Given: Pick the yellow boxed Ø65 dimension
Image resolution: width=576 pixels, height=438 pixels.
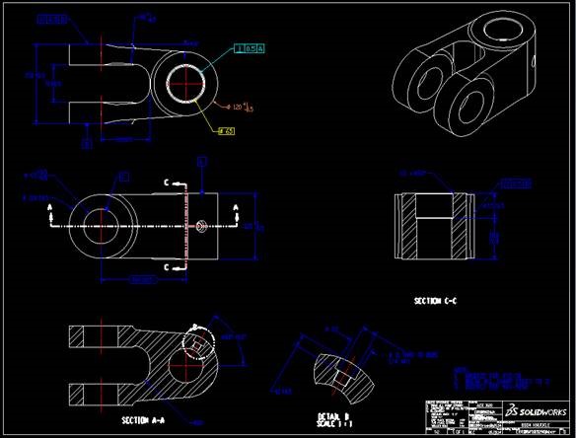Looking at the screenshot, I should [x=225, y=130].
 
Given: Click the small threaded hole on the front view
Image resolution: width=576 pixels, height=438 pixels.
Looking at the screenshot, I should [x=200, y=226].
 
